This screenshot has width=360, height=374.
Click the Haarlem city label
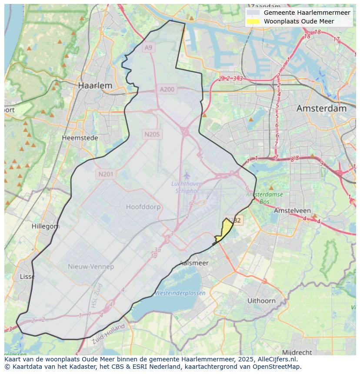click(x=95, y=86)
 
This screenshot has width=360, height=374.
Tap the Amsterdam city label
click(x=321, y=109)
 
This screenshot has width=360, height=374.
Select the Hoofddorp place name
click(x=143, y=207)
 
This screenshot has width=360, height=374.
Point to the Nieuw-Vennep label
click(x=91, y=266)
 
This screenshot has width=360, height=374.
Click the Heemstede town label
click(x=80, y=138)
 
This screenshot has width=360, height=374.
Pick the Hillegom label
click(x=46, y=226)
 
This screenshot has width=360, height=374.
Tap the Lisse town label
click(x=27, y=276)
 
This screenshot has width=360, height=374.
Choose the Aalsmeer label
click(x=194, y=263)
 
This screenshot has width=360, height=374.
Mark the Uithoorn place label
click(x=261, y=300)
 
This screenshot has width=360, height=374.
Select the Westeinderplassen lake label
click(x=180, y=293)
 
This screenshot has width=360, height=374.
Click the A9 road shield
click(x=149, y=47)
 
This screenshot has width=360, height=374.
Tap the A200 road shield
click(x=167, y=89)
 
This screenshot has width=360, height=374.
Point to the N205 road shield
click(x=152, y=134)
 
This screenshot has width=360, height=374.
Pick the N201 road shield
click(x=106, y=174)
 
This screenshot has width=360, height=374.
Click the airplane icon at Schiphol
click(x=187, y=175)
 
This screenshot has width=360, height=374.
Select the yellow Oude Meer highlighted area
click(x=225, y=230)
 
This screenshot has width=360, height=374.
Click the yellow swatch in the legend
click(x=253, y=21)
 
